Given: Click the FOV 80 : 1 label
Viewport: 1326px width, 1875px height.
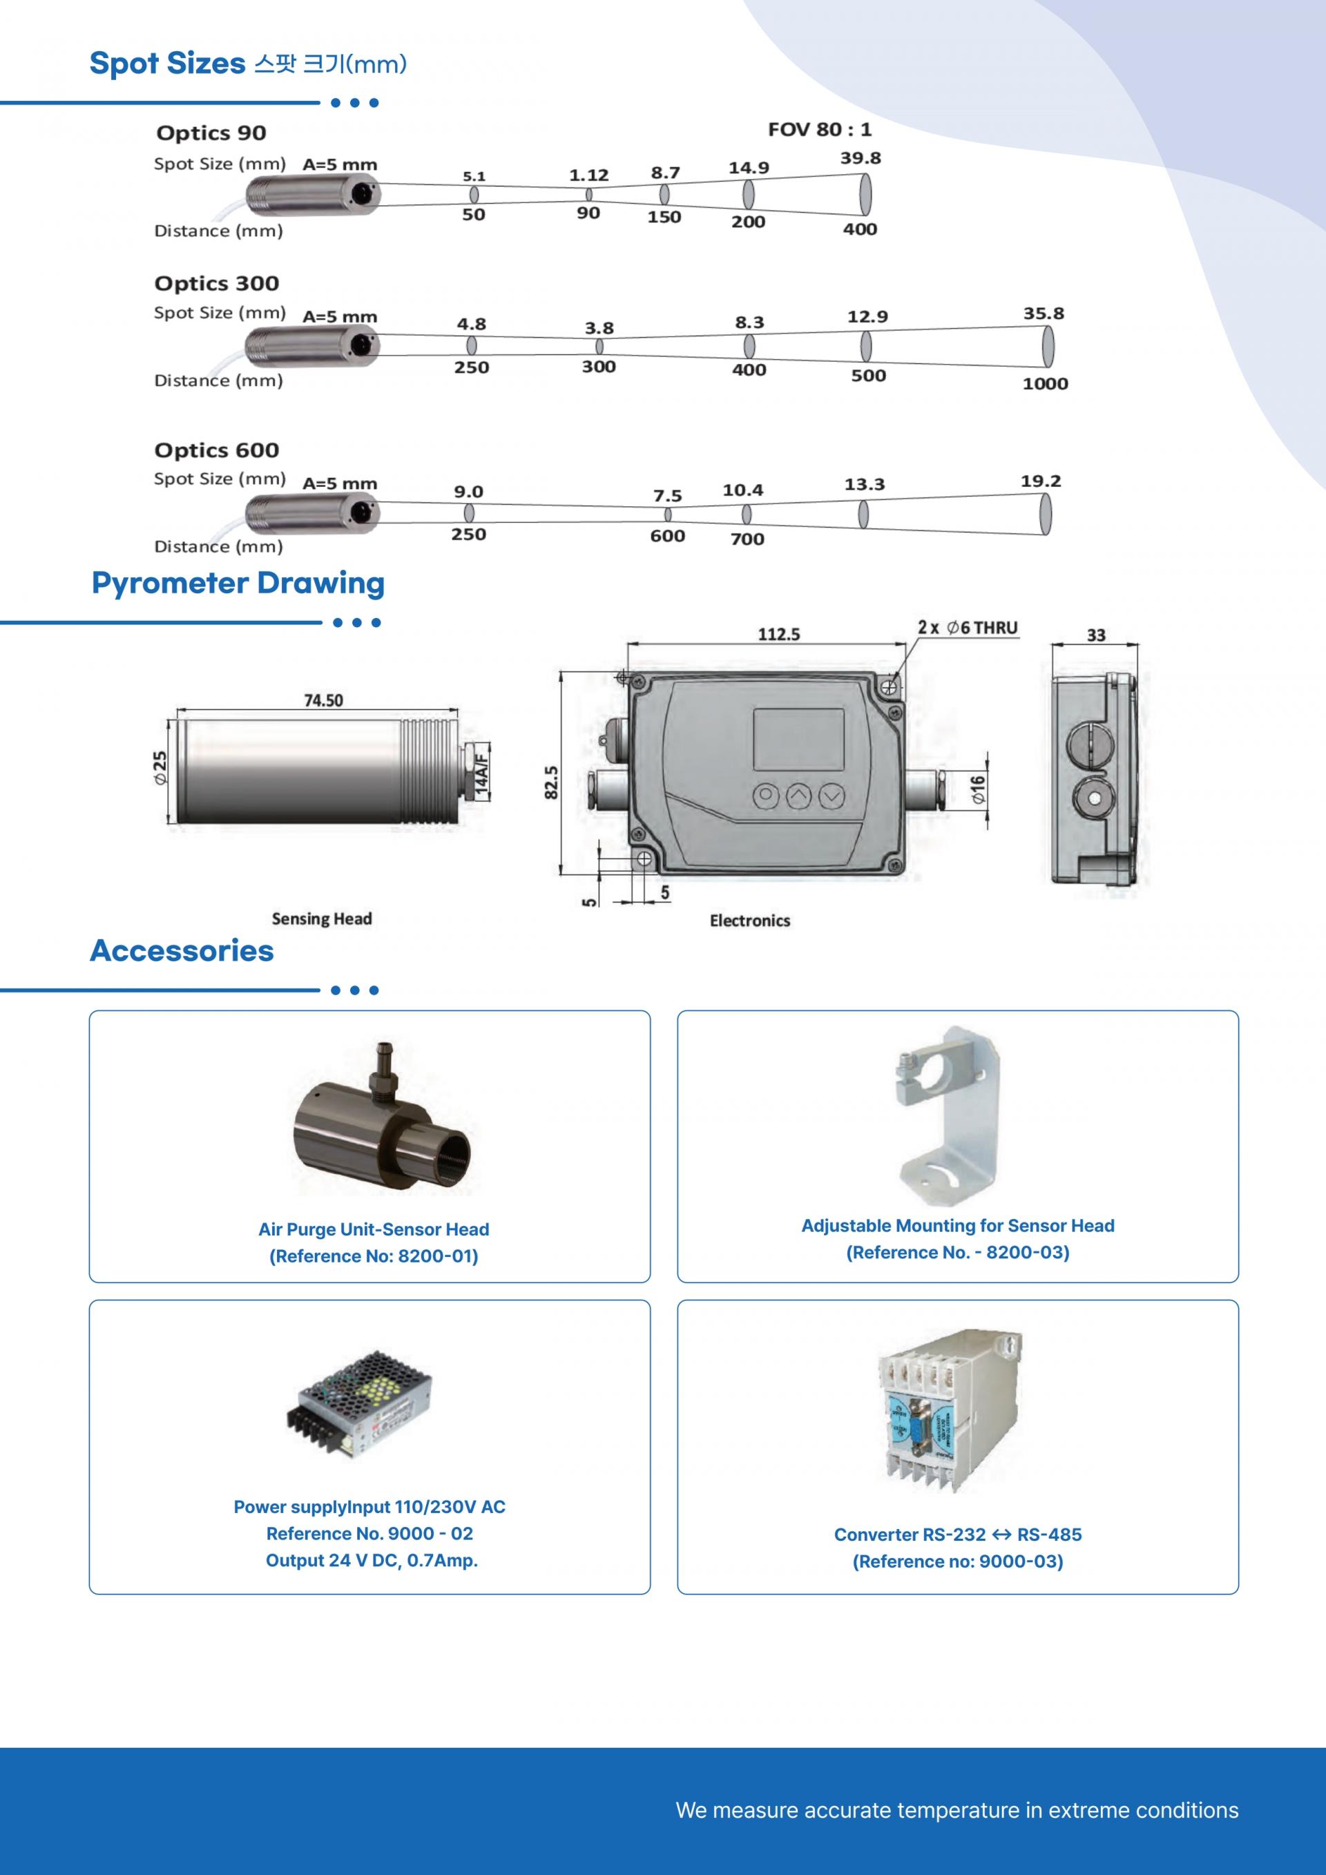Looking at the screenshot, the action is pos(819,129).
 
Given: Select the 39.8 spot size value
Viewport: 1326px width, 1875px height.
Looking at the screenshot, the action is pos(861,158).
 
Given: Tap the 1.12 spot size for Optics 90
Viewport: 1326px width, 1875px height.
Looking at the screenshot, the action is pos(588,175).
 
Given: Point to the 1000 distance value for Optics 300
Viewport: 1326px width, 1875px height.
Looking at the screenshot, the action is pos(1045,384).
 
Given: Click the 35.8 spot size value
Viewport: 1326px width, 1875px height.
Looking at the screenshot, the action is pos(1044,314).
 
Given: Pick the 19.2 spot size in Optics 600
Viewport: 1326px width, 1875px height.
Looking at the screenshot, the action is pos(1040,481).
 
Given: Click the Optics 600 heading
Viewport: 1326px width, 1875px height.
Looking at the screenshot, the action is pos(216,450).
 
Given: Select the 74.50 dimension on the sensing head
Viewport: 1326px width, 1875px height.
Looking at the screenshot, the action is pos(323,700).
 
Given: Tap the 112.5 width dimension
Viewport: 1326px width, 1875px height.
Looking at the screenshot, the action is pos(779,634).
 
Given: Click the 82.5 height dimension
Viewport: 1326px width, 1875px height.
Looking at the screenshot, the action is pos(551,782).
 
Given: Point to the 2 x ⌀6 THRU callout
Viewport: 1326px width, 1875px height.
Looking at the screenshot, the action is pos(968,627).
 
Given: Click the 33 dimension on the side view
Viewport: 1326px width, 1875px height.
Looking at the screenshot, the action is pos(1096,635).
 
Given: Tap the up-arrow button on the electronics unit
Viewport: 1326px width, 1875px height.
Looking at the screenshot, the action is pos(798,795).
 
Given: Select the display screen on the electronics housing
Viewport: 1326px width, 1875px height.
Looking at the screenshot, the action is pos(798,739).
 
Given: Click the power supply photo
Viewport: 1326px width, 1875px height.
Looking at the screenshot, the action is pos(358,1404).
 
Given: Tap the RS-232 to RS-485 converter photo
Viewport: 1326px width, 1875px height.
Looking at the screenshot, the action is pos(950,1410).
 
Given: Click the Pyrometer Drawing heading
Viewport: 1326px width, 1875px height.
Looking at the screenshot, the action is pos(238,583).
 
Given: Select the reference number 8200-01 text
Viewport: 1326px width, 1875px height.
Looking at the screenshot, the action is pos(374,1256).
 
